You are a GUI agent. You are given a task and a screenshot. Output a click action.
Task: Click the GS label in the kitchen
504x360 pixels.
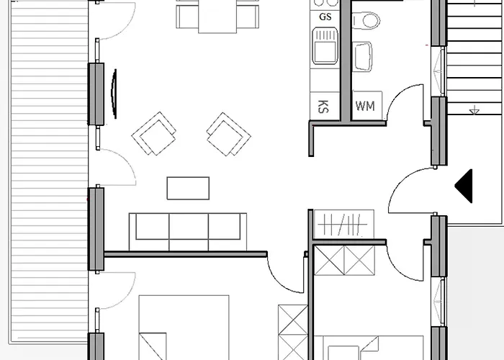click(325, 16)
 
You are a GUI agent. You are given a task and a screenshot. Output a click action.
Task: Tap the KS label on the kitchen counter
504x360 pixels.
click(323, 106)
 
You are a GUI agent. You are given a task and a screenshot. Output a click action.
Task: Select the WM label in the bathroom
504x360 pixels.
click(366, 107)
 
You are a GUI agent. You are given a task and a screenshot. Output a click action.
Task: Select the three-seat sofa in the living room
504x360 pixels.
click(188, 228)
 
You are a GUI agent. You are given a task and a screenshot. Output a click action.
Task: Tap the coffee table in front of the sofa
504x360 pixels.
click(189, 188)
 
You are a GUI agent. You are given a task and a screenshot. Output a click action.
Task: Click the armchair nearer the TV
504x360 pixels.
click(154, 134)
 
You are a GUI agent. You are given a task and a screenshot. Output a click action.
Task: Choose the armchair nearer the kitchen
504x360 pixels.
click(228, 134)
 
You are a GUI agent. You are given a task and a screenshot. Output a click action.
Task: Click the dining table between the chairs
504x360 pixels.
click(217, 16)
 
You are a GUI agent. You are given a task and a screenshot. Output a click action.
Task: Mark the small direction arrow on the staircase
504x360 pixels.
click(473, 110)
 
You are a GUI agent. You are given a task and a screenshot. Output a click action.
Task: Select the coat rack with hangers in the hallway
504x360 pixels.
click(344, 225)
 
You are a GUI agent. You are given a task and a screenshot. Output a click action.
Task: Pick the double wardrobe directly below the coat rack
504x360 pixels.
click(344, 261)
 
